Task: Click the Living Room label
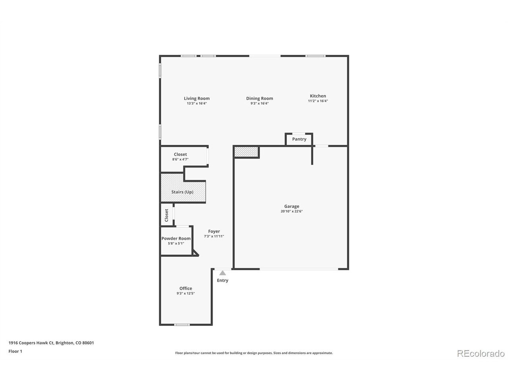(x=197, y=98)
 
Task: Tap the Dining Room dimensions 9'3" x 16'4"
(x=260, y=104)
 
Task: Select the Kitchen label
(x=318, y=96)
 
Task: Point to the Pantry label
(x=299, y=139)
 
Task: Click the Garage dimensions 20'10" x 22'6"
(x=292, y=211)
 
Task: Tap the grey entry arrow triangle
(x=222, y=273)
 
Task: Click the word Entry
(x=222, y=280)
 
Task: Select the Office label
(x=186, y=288)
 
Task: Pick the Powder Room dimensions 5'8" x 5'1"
(x=176, y=243)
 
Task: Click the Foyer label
(x=214, y=231)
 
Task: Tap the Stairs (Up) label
(x=183, y=192)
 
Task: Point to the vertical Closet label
(x=166, y=216)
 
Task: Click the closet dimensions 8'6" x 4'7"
(x=180, y=160)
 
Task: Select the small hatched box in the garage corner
(x=246, y=152)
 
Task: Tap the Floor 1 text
(x=15, y=351)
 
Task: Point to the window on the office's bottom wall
(x=182, y=325)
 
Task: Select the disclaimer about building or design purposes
(x=254, y=353)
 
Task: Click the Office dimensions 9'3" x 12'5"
(x=186, y=293)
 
